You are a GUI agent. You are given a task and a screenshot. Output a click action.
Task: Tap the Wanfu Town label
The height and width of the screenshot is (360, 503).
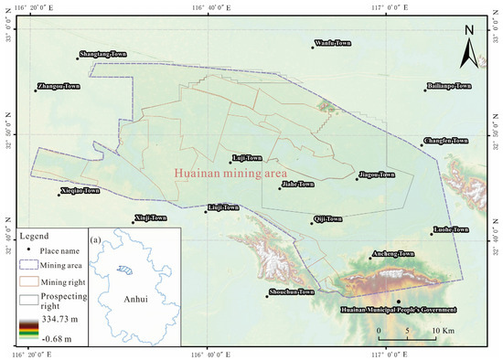tap(333, 43)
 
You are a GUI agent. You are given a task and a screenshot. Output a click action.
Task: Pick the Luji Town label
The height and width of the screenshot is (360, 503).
tap(248, 158)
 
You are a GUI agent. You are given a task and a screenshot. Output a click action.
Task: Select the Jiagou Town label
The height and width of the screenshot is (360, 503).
tap(377, 175)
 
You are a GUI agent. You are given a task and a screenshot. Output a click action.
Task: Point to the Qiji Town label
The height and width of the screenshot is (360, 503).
tap(327, 219)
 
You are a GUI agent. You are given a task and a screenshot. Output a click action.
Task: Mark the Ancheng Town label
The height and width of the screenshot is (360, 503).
tap(391, 254)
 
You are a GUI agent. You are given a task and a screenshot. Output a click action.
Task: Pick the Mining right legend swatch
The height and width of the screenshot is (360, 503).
tap(29, 281)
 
